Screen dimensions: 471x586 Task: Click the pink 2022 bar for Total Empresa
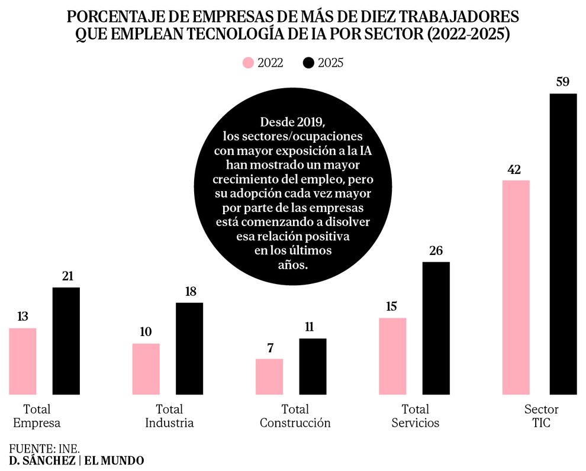point(22,361)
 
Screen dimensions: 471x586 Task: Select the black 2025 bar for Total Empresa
point(66,341)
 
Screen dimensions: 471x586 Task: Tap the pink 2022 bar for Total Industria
point(146,369)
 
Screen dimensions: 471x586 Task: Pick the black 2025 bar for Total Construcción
point(313,366)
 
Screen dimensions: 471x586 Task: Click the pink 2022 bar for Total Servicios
point(392,356)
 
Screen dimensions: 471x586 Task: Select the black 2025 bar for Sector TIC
point(563,244)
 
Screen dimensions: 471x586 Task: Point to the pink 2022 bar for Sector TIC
point(516,287)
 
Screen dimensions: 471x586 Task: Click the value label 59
point(563,81)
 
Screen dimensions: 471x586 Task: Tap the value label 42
point(514,169)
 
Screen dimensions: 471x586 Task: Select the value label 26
point(436,250)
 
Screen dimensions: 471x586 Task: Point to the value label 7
point(270,348)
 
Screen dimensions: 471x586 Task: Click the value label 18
point(189,292)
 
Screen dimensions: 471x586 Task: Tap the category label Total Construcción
point(295,416)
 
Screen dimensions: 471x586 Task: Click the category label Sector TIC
point(541,416)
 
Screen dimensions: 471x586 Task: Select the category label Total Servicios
point(415,416)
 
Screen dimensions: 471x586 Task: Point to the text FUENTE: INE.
point(44,447)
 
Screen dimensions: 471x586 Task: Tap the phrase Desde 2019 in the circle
point(292,122)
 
